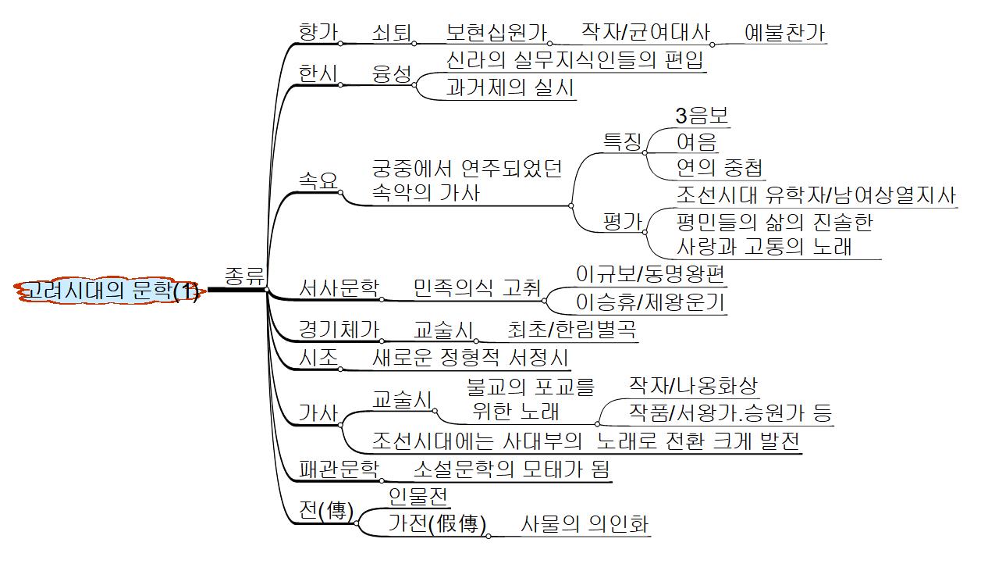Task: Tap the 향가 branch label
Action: coord(318,32)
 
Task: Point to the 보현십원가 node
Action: coord(496,32)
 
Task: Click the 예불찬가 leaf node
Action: coord(785,32)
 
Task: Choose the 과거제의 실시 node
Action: coord(510,87)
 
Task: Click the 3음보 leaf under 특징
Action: coord(702,116)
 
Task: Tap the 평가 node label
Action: coord(622,222)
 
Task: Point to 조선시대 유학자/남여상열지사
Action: coord(816,195)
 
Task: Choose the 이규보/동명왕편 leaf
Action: coord(650,275)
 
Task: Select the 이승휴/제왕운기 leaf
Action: coord(650,302)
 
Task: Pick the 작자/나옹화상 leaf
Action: coord(694,385)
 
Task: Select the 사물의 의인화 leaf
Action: coord(585,523)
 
